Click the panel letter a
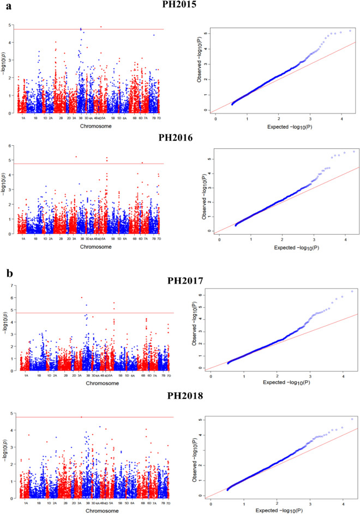coord(4,5)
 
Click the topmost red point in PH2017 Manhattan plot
coord(82,297)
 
